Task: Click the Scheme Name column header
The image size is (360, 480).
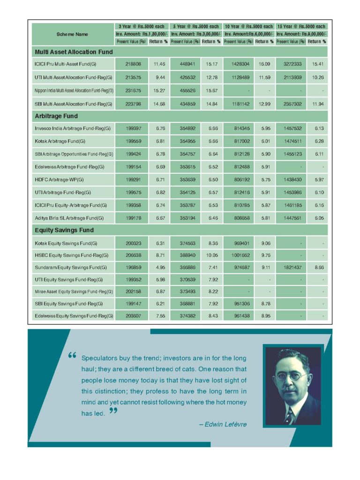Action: (72, 34)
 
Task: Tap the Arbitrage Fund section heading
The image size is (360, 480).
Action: (56, 116)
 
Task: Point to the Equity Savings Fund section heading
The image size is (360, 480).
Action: (64, 230)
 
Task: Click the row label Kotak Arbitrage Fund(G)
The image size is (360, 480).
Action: (60, 141)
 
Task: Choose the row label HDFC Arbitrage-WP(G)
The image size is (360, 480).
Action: (57, 180)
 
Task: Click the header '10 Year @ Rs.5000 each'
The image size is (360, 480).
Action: (248, 27)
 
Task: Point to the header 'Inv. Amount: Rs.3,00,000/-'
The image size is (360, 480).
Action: (195, 34)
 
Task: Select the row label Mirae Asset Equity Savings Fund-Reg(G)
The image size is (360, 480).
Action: (74, 292)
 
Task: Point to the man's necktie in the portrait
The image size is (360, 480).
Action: (290, 415)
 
